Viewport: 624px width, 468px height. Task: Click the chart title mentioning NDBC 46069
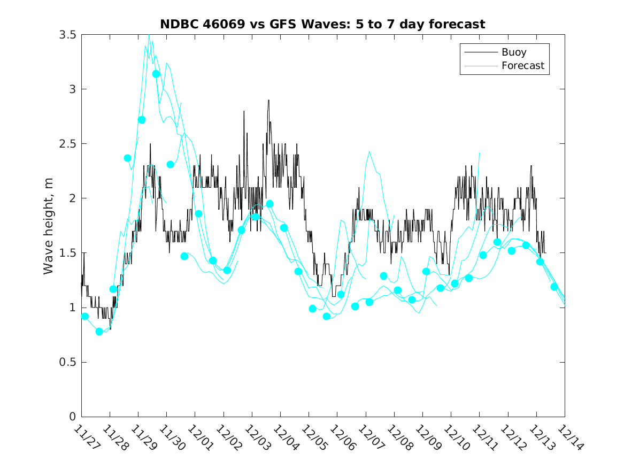tap(322, 24)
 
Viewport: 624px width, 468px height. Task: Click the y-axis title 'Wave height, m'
tap(49, 226)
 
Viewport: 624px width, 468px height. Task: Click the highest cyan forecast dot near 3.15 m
tap(156, 74)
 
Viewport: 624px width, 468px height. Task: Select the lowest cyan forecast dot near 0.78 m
tap(99, 332)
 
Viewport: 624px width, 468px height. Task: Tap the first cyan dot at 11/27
tap(85, 316)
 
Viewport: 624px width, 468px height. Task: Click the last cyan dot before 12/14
tap(554, 287)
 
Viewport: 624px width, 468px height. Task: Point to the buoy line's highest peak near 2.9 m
tap(268, 100)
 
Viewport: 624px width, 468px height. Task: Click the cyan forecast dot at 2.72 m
tap(142, 120)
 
